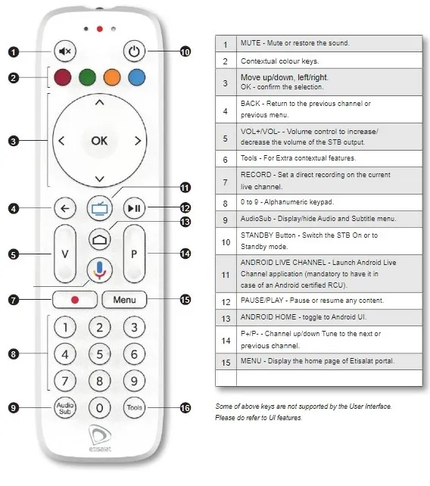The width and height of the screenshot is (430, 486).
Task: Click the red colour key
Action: [64, 77]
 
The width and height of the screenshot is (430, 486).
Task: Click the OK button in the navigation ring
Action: [99, 140]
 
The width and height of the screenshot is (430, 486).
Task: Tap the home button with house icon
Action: [99, 238]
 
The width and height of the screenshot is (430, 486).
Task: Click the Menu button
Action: [124, 300]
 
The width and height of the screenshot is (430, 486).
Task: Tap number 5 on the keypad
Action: [99, 354]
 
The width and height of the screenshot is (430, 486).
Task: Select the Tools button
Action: [134, 407]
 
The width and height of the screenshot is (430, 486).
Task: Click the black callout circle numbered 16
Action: [185, 407]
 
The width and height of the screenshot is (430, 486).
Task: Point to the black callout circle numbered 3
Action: [14, 140]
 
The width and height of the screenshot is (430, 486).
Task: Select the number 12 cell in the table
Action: [225, 301]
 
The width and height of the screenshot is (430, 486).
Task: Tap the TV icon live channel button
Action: [99, 207]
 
